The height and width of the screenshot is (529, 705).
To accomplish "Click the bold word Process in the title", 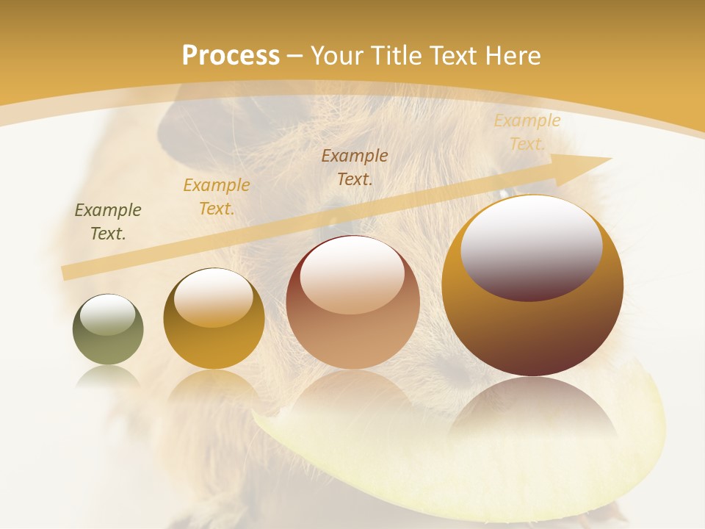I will [231, 56].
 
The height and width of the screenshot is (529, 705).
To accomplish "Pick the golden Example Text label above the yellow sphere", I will [217, 197].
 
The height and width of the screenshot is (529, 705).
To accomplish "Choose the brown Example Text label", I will [355, 168].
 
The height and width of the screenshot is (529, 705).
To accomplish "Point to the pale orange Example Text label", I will [527, 132].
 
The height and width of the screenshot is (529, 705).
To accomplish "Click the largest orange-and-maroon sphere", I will [532, 323].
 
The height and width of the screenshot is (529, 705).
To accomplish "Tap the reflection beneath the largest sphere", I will [532, 411].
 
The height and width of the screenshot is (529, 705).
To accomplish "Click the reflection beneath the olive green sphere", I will [108, 375].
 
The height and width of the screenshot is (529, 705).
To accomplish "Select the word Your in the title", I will [336, 56].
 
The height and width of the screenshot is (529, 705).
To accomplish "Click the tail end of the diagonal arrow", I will [66, 273].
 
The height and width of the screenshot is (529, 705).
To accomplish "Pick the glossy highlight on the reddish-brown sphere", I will [352, 276].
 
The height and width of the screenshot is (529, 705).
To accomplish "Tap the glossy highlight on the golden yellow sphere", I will [214, 297].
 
